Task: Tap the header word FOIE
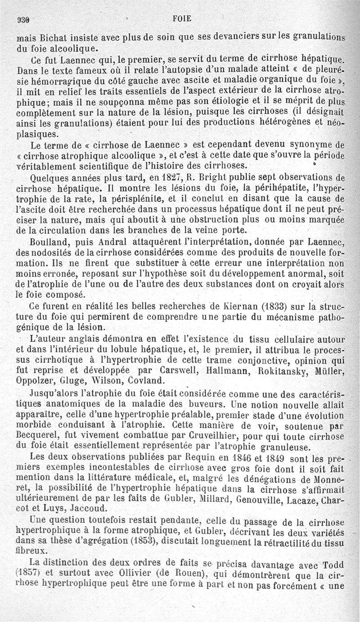click(182, 18)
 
